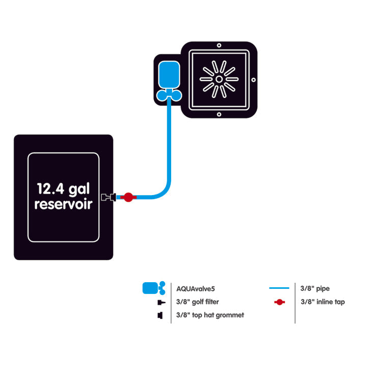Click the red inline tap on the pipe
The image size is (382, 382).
coord(128,197)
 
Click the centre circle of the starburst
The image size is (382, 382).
coord(219,79)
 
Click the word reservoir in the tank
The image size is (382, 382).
coord(63,205)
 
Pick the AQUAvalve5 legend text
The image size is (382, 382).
coord(196,288)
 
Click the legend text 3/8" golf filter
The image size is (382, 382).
coord(198,302)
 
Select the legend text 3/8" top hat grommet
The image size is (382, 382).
coord(210,315)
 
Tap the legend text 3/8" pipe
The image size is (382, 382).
coord(315,288)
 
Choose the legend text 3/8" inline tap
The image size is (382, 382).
coord(323,302)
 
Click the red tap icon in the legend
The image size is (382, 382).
coord(279,302)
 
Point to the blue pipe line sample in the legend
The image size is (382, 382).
coord(279,288)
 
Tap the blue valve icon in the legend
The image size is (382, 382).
coord(153,288)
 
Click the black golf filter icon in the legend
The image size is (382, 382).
coord(161,302)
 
